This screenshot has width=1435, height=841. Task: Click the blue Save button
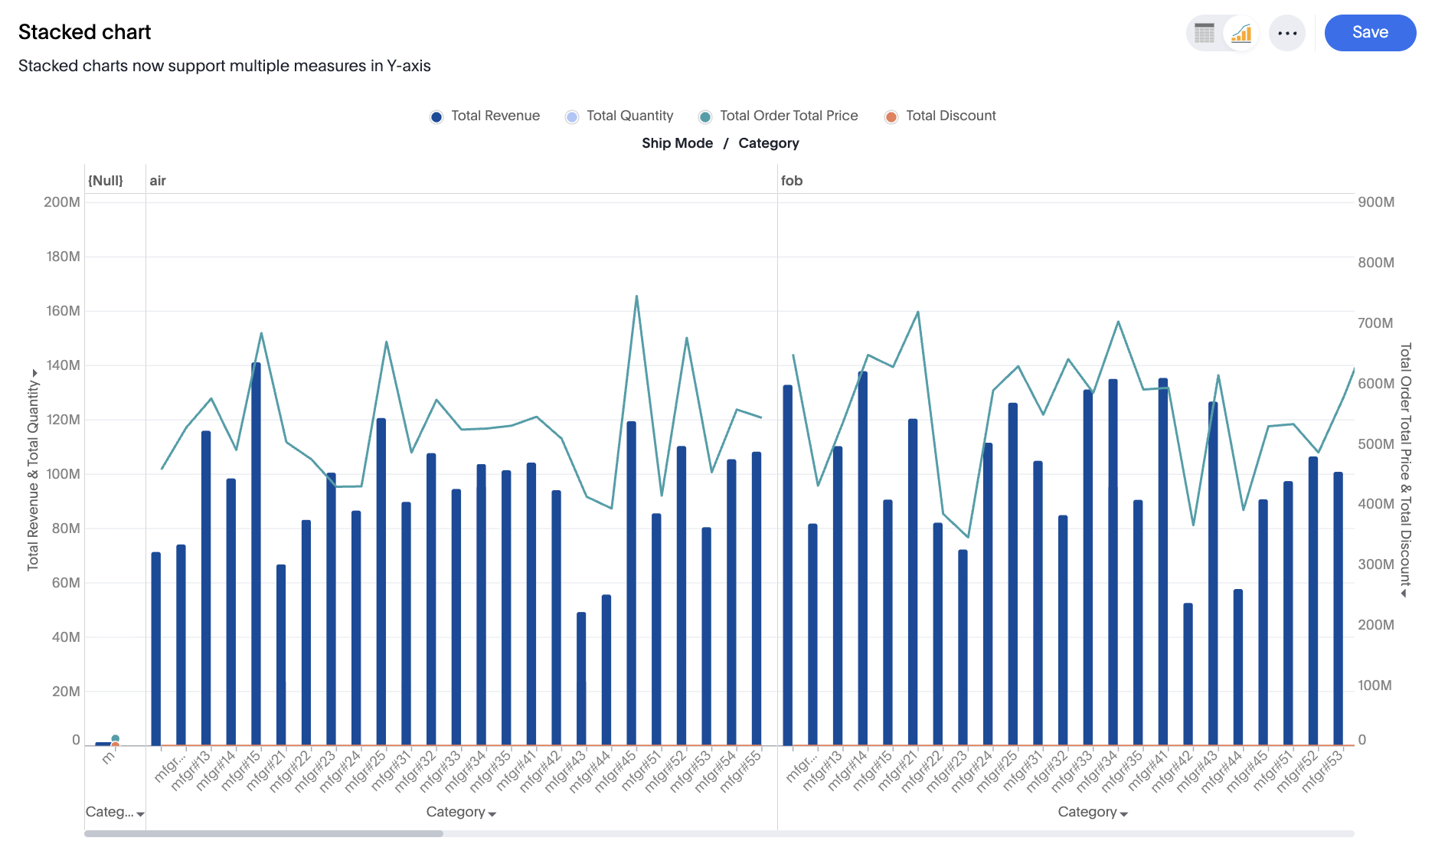click(x=1369, y=33)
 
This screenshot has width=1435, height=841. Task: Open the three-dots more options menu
click(x=1286, y=33)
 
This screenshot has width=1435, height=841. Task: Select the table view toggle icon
click(x=1205, y=33)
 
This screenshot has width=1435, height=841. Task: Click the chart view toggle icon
click(x=1241, y=33)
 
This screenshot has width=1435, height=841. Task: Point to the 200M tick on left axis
click(x=62, y=202)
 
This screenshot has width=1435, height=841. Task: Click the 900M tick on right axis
click(x=1375, y=202)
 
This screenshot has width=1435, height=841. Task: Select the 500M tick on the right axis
click(x=1375, y=444)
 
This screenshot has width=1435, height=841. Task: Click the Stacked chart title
click(x=84, y=32)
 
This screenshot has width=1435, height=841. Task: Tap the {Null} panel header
click(x=106, y=181)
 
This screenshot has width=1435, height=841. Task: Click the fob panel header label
click(x=792, y=181)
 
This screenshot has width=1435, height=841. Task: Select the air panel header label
click(x=158, y=181)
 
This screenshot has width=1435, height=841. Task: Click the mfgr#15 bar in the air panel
click(x=256, y=551)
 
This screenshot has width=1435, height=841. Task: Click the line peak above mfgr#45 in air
click(x=636, y=296)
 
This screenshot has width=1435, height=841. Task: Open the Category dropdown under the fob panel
click(x=1092, y=812)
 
